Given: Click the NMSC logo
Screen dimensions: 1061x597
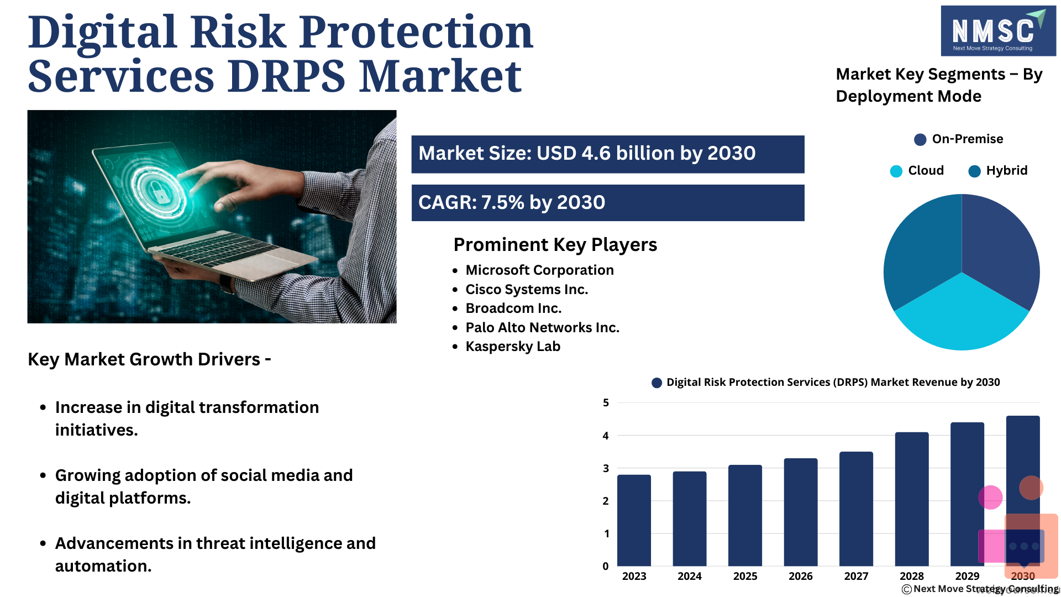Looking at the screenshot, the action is click(998, 31).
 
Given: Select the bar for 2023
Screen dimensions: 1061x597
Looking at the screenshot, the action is click(634, 520).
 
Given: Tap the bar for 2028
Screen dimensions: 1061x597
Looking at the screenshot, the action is click(912, 499).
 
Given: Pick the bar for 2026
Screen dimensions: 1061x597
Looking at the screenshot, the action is click(801, 512).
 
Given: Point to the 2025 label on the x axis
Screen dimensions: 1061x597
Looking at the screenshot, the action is click(745, 576).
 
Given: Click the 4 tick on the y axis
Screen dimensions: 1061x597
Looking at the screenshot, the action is click(606, 436).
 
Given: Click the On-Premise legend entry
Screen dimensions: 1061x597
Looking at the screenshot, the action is click(959, 139).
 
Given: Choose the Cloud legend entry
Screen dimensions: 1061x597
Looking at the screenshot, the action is click(917, 171).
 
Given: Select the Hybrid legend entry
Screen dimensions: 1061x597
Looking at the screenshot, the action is click(998, 171).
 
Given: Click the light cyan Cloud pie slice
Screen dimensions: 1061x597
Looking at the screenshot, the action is click(962, 318).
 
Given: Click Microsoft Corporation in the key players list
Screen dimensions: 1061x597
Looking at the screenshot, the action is click(539, 270).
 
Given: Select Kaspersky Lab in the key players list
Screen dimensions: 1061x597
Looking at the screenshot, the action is click(513, 347).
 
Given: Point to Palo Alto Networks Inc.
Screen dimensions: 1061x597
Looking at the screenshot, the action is click(542, 328).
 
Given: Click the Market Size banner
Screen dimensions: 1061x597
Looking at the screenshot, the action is click(608, 154).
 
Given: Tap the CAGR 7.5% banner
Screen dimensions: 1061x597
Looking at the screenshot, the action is click(608, 203).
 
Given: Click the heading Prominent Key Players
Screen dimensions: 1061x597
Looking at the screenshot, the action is click(555, 245).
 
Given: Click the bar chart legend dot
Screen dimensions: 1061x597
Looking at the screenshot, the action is click(656, 383).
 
